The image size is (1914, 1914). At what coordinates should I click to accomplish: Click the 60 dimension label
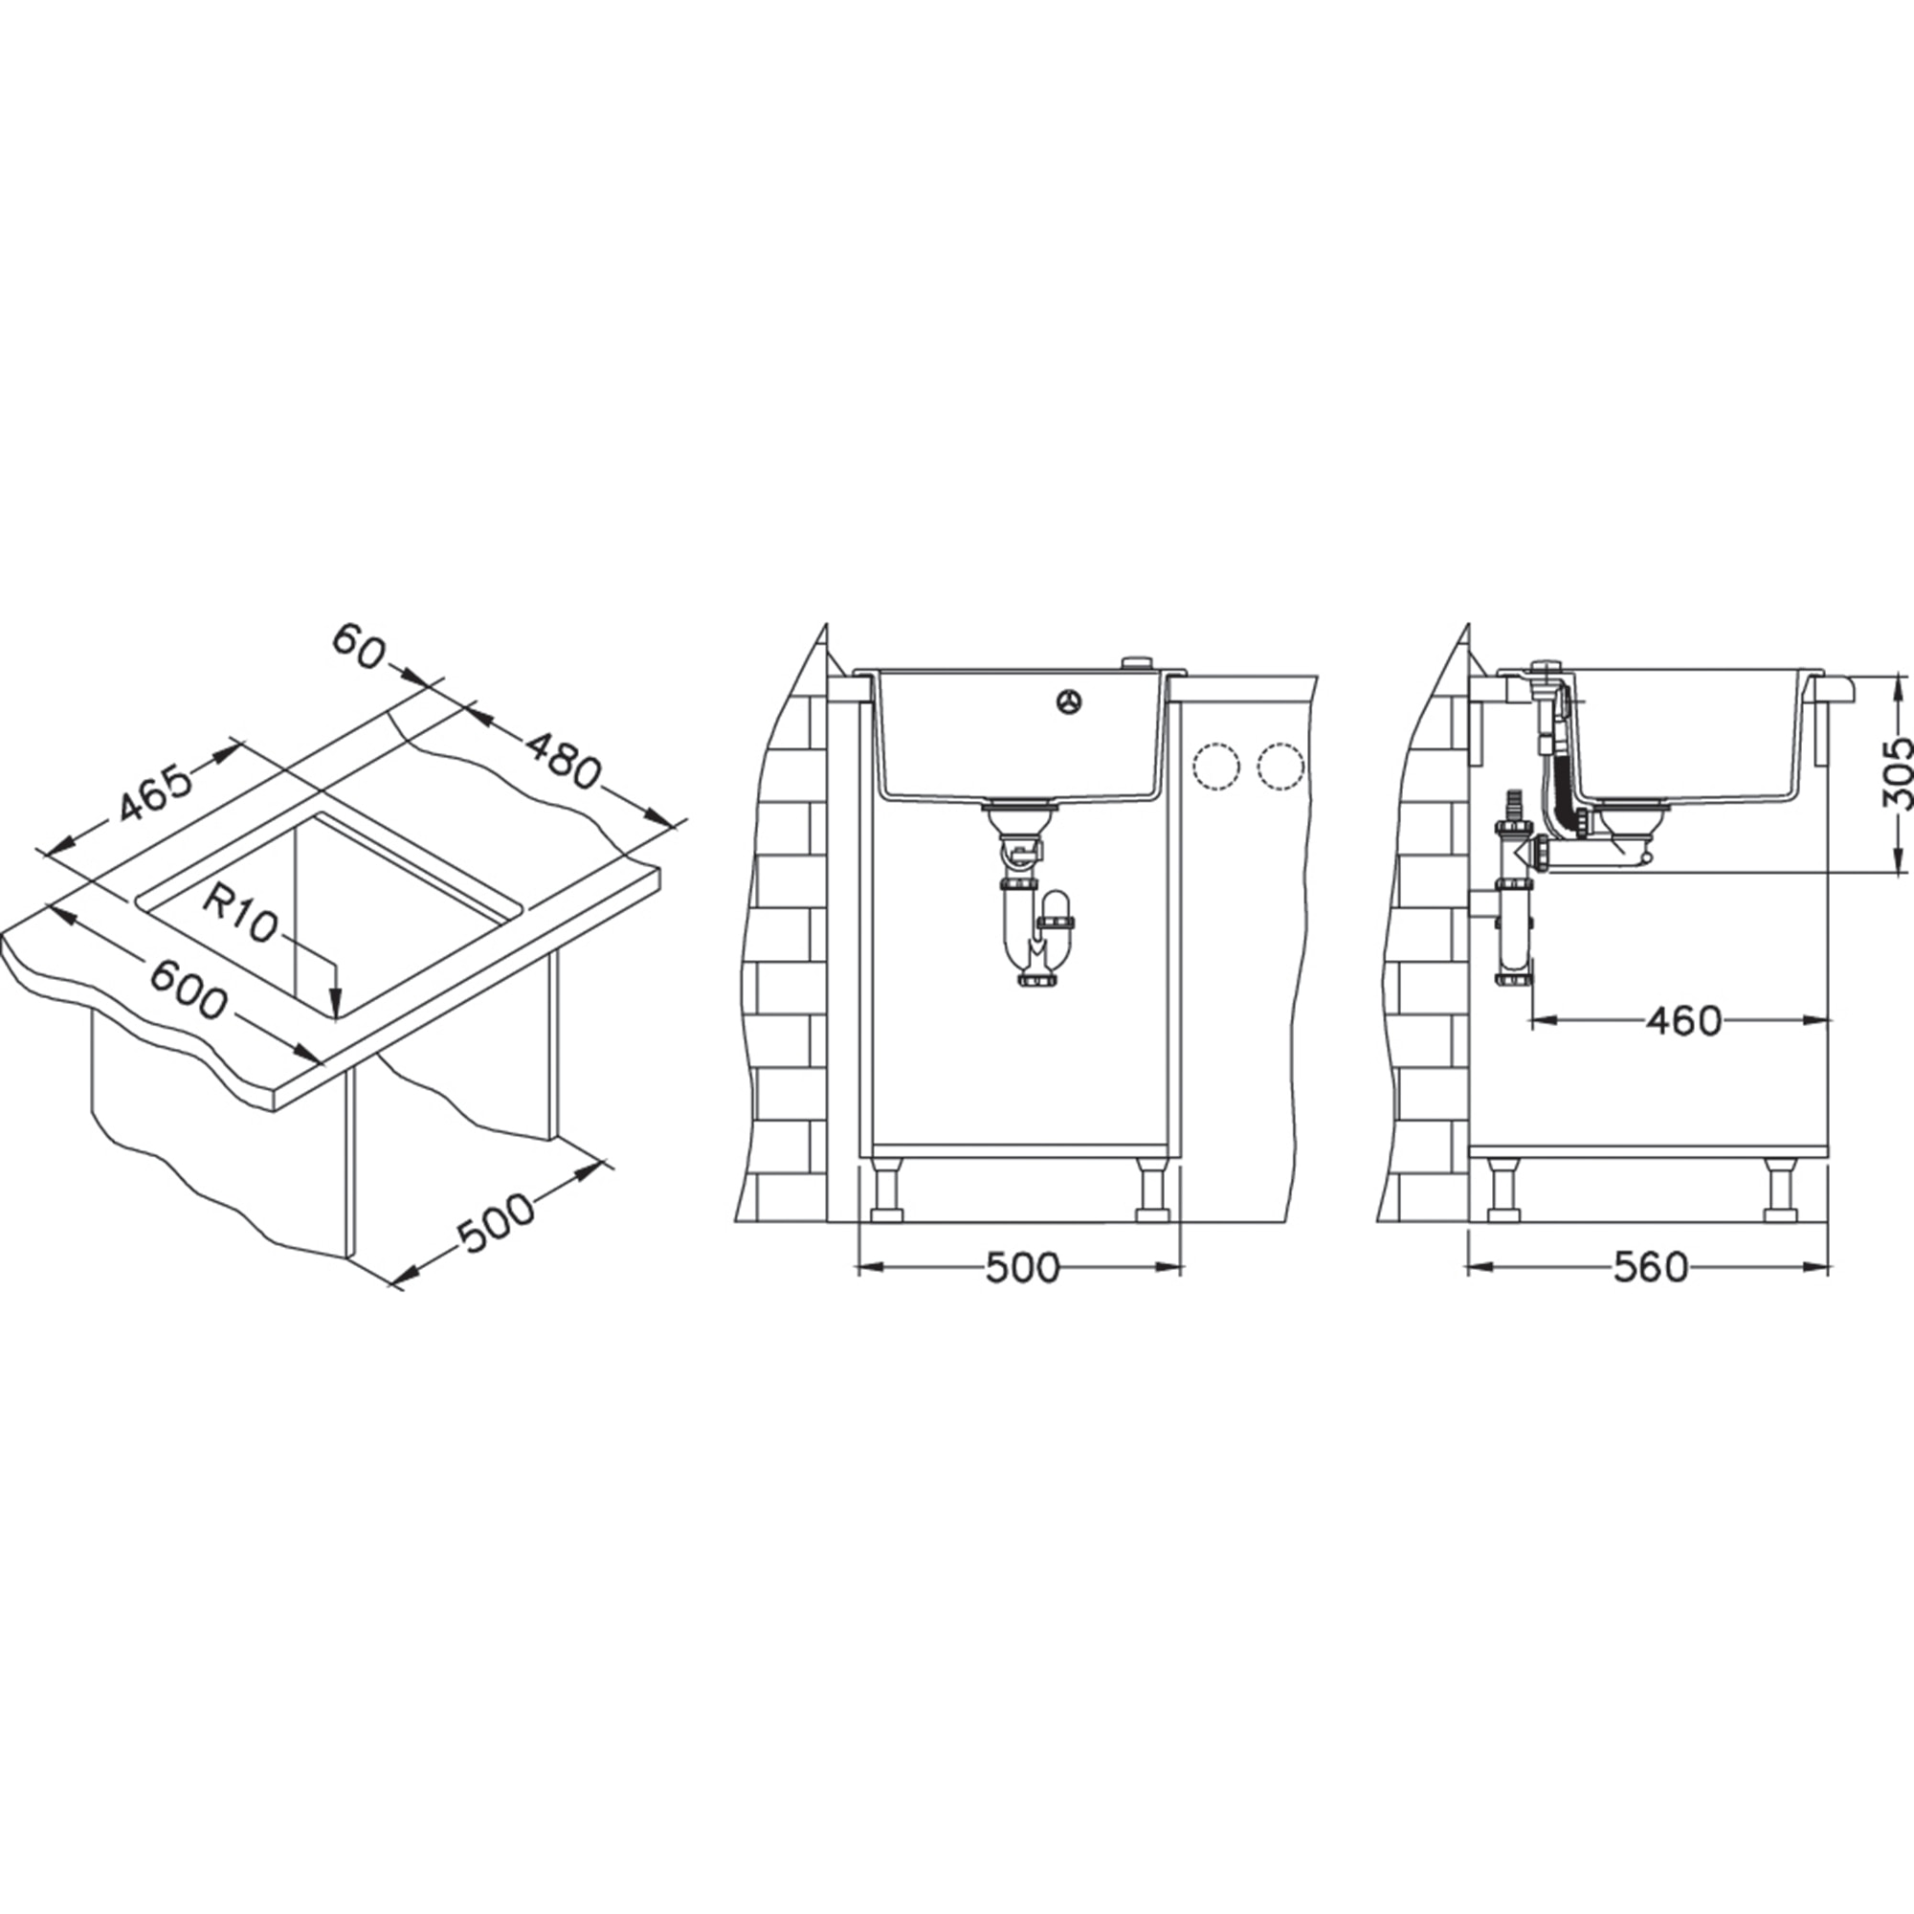pyautogui.click(x=358, y=645)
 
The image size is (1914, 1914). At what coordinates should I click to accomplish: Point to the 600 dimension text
pyautogui.click(x=189, y=990)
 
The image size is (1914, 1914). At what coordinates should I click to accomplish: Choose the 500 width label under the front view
pyautogui.click(x=1022, y=1267)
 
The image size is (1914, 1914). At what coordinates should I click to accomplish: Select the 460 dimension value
pyautogui.click(x=1683, y=1020)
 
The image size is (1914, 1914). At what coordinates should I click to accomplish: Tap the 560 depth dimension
pyautogui.click(x=1651, y=1267)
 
